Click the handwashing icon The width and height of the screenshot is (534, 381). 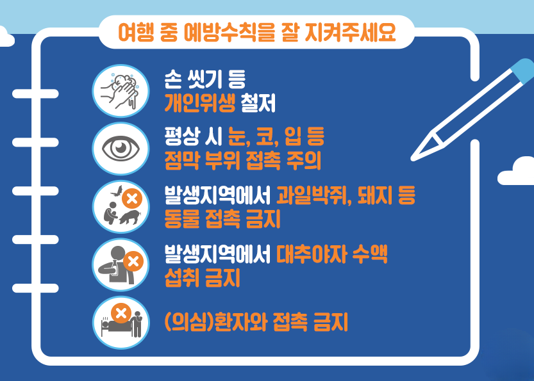point(122,90)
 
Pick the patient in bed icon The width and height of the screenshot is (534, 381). point(122,318)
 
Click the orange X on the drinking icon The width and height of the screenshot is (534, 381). point(133,261)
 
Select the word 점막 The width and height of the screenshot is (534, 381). point(183,161)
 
